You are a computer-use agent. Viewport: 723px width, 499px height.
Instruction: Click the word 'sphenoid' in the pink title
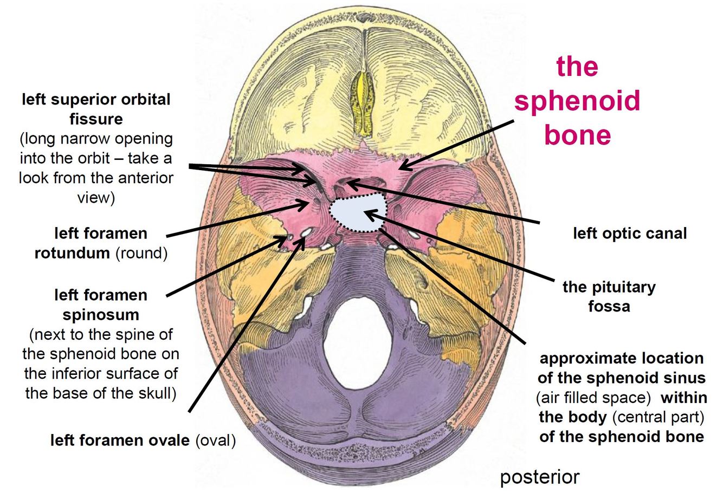coord(577,101)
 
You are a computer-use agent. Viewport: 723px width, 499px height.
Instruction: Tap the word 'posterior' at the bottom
coord(539,477)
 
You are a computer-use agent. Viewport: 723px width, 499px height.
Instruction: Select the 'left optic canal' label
coord(630,234)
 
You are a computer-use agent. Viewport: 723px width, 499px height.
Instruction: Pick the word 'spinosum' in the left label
coord(101,315)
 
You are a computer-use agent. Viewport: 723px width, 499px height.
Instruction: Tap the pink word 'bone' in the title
coord(577,135)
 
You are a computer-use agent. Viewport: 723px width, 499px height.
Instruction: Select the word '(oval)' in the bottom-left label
coord(218,440)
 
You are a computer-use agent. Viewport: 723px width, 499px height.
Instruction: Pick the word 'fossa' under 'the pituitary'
coord(609,307)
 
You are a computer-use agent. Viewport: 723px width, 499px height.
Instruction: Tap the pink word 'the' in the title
coord(577,67)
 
